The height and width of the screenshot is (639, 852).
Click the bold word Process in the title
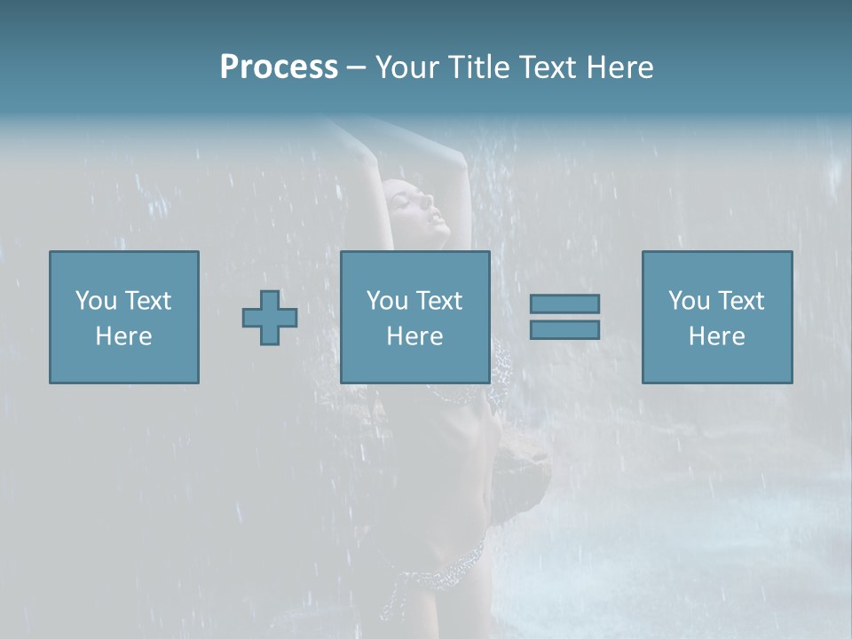pos(279,67)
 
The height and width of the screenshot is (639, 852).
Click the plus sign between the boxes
pos(270,318)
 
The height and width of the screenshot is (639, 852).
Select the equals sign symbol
pos(564,317)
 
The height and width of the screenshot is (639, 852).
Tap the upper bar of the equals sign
pos(564,304)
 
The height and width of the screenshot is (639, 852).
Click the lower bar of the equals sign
pos(564,329)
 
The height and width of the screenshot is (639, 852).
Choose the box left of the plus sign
pos(124,317)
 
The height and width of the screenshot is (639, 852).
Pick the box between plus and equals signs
pos(415,317)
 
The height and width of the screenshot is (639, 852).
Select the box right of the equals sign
pos(717,317)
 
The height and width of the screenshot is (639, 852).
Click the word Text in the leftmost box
pos(147,301)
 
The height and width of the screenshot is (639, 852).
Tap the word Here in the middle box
pos(415,336)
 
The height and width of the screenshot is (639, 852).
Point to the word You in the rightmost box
pos(689,301)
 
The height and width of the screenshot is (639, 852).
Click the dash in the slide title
pos(357,68)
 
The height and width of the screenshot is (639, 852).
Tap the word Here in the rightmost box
pos(717,336)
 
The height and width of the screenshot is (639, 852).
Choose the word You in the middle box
pos(387,301)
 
